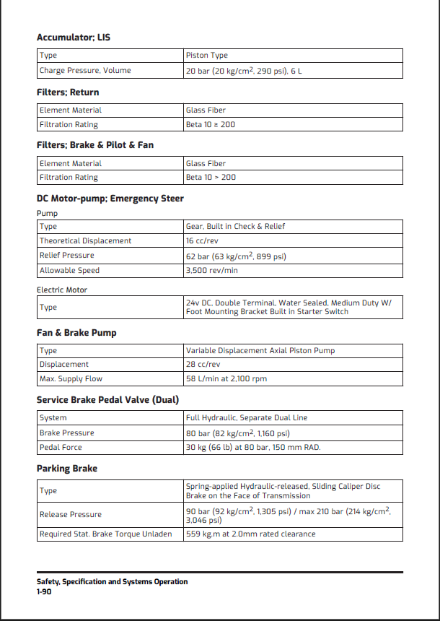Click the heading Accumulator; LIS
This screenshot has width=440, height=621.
click(x=74, y=37)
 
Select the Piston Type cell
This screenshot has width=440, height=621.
click(x=206, y=56)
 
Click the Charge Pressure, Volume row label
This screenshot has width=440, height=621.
click(x=85, y=71)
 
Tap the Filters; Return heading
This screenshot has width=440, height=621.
click(x=68, y=92)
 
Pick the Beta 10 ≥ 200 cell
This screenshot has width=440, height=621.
click(x=211, y=125)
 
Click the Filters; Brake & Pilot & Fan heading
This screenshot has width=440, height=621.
click(x=94, y=145)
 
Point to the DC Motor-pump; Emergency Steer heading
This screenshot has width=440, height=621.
click(x=110, y=199)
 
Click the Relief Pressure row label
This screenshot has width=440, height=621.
click(x=66, y=256)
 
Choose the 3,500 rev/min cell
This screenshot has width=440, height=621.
click(x=212, y=271)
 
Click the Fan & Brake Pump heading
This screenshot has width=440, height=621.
click(x=76, y=333)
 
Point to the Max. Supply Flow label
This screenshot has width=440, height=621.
click(x=71, y=379)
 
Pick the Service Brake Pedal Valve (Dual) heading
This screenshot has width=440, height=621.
click(x=107, y=400)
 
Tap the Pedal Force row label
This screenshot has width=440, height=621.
click(x=61, y=448)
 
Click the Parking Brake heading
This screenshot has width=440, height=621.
click(x=67, y=469)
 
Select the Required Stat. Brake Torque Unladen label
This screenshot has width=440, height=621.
click(x=105, y=534)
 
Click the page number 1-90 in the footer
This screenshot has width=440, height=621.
click(x=44, y=592)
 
